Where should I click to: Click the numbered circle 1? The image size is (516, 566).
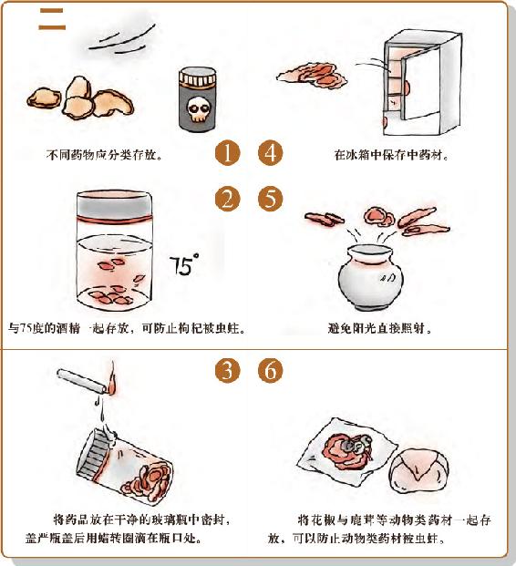click(227, 153)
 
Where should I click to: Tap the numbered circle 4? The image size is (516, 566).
click(271, 153)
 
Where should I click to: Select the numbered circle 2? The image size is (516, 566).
click(227, 199)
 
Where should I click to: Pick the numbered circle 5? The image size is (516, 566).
click(271, 199)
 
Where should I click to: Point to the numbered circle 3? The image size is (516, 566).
click(227, 370)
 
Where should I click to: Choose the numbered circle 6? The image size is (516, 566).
click(271, 370)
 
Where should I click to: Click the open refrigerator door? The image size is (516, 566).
click(421, 87)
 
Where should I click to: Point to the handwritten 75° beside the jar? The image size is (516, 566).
click(183, 264)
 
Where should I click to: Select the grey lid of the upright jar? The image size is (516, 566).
click(115, 205)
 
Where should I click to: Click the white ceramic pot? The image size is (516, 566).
click(370, 276)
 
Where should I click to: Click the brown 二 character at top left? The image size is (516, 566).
click(52, 19)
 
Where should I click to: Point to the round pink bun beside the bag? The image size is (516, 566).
click(418, 470)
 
